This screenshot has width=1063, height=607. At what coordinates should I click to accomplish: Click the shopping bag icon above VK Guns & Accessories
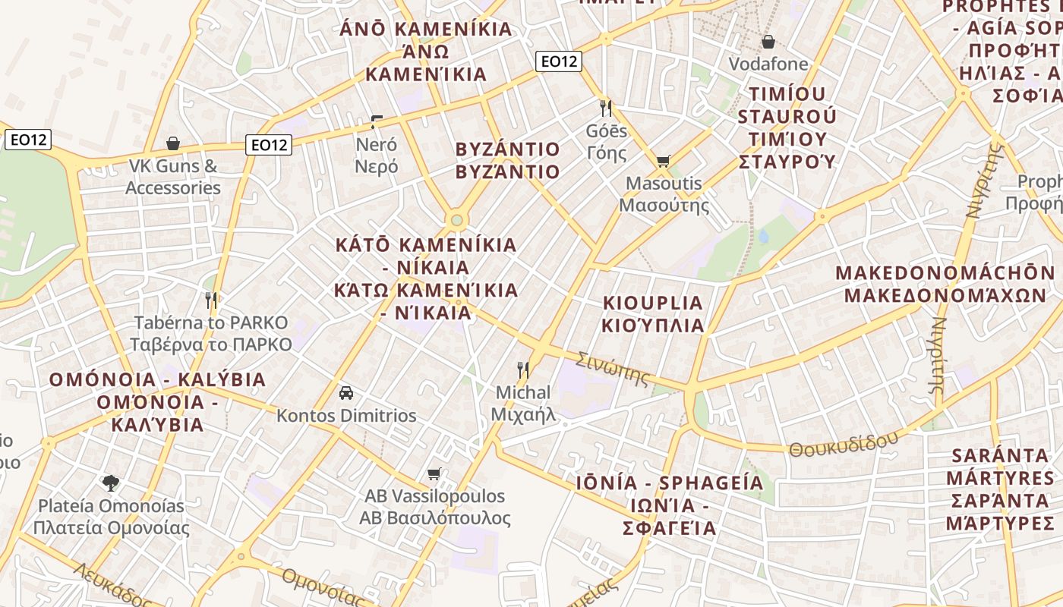[x=173, y=143]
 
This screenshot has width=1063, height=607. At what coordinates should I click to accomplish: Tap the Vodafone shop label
[x=768, y=64]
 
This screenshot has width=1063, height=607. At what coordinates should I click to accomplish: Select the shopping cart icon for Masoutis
[x=663, y=161]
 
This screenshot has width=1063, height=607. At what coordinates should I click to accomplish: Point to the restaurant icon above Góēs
[x=605, y=108]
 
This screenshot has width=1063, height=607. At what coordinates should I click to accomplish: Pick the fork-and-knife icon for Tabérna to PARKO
[x=211, y=300]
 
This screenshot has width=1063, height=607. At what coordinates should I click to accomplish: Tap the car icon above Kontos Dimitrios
[x=346, y=393]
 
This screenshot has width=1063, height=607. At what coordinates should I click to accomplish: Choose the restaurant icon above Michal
[x=522, y=370]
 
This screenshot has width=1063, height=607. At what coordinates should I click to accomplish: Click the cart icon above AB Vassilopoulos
[x=434, y=474]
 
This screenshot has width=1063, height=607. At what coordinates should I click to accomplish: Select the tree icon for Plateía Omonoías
[x=111, y=483]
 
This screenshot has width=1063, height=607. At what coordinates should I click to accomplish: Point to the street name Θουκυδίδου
[x=843, y=443]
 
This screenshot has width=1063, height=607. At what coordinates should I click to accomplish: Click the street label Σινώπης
[x=613, y=368]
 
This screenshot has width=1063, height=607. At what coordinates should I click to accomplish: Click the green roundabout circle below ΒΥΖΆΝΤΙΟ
[x=456, y=220]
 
